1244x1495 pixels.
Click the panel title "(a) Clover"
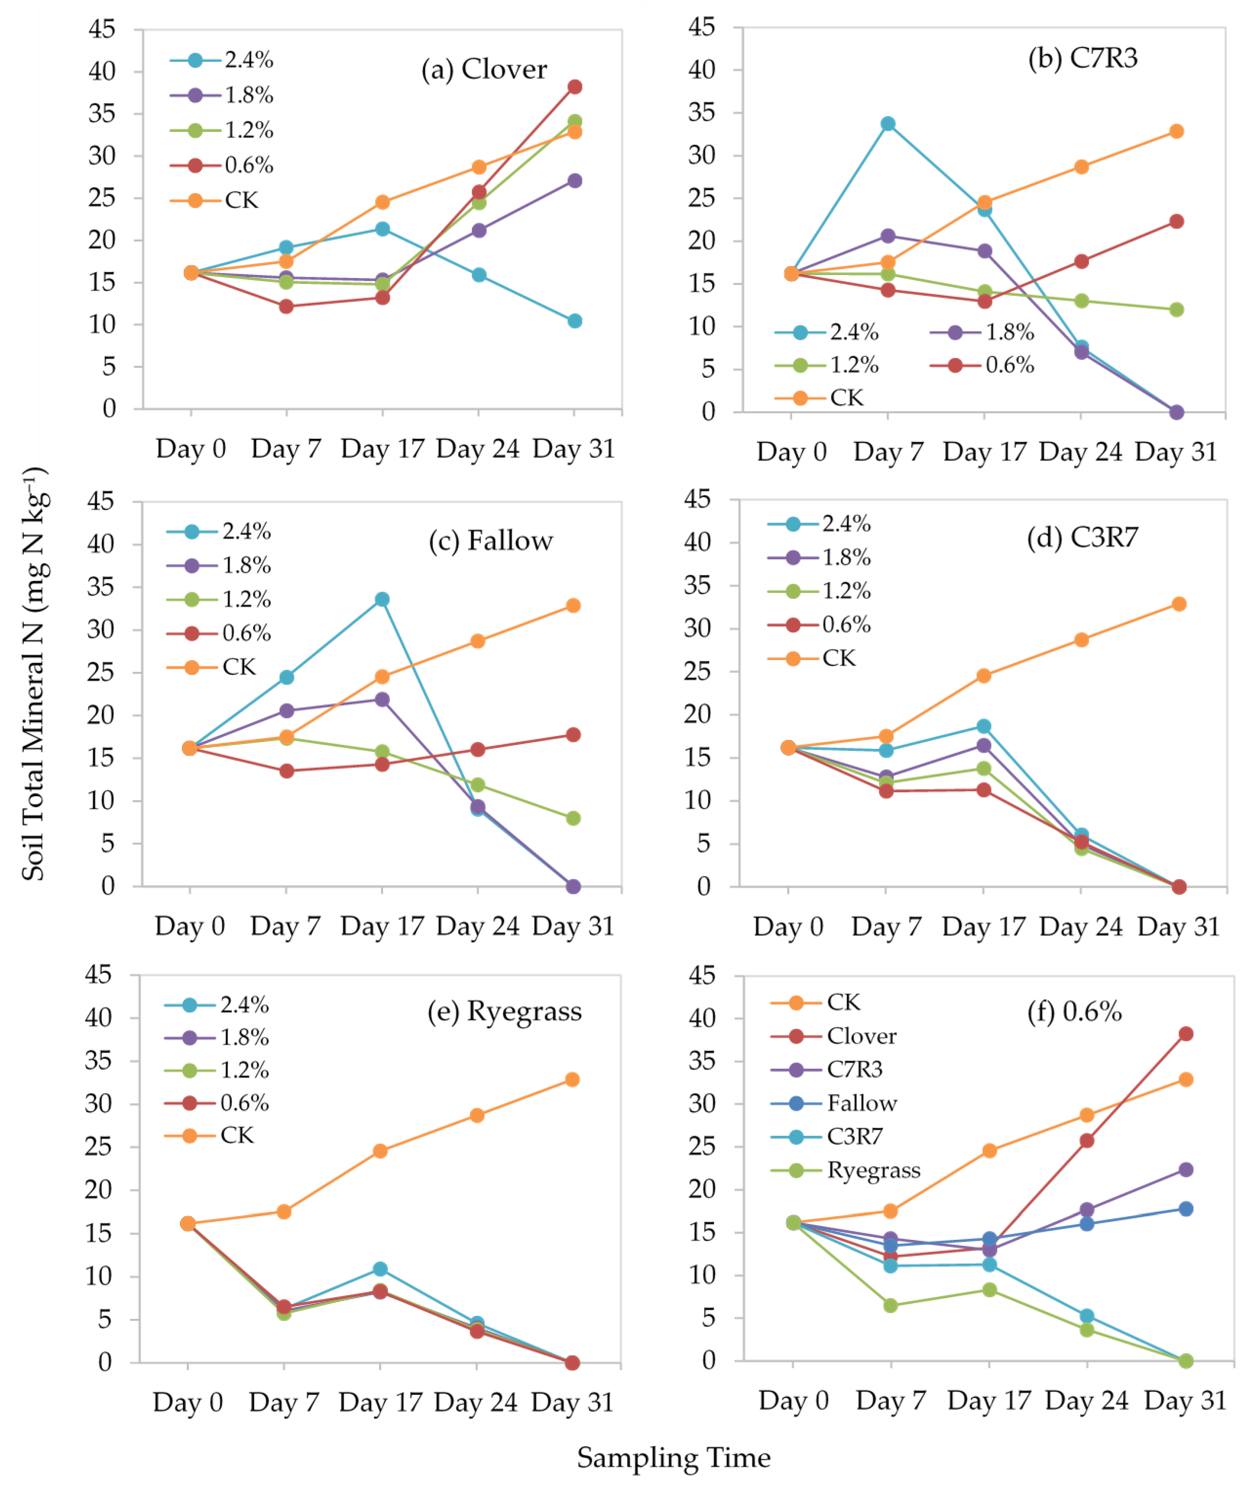click(484, 70)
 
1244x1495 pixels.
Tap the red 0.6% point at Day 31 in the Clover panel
click(574, 87)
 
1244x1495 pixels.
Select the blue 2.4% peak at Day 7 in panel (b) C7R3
click(888, 124)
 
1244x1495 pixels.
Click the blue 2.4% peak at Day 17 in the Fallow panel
click(382, 599)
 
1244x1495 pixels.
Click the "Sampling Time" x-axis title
click(673, 1457)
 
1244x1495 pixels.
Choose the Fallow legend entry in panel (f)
click(861, 1103)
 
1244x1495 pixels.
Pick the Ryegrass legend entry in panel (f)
click(872, 1170)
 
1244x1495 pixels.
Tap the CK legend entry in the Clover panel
click(241, 201)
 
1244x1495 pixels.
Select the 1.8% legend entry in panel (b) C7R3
click(1009, 332)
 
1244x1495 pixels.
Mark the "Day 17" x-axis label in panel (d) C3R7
click(983, 926)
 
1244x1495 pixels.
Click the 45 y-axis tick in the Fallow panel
click(101, 501)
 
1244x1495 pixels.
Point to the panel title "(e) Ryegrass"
click(504, 1011)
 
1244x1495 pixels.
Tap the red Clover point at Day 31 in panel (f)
click(1185, 1034)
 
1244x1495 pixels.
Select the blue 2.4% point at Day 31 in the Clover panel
click(574, 321)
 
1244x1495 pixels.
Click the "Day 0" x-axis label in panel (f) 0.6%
click(793, 1400)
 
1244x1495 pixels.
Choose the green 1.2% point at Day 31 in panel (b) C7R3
click(1177, 310)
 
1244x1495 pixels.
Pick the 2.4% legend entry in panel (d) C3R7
click(846, 524)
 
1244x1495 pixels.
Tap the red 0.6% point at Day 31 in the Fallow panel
click(573, 735)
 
